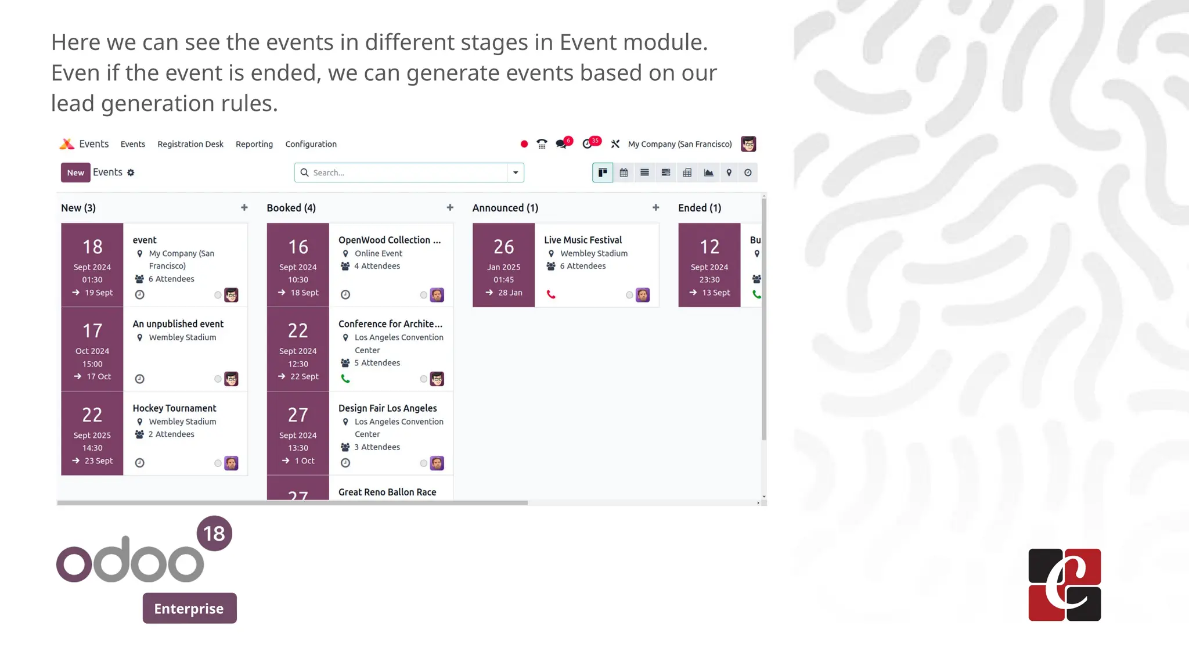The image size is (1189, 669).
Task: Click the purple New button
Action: point(75,172)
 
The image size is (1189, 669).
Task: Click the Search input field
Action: point(406,172)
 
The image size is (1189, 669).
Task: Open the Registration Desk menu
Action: point(190,144)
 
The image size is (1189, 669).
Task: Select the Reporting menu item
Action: point(254,144)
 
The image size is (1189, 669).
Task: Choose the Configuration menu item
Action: point(311,144)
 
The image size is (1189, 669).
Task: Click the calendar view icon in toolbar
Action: point(624,172)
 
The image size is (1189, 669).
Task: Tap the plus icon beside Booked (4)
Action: point(450,207)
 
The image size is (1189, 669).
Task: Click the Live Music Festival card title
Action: point(583,240)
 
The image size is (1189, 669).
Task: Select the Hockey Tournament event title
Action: point(174,408)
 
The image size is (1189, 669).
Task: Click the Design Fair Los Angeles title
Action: point(388,408)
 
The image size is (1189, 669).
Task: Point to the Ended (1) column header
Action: point(700,208)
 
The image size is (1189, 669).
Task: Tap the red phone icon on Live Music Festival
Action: point(551,295)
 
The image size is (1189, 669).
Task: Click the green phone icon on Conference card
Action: point(345,379)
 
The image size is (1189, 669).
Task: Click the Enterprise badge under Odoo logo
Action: point(189,608)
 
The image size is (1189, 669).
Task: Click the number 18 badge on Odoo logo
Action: point(214,533)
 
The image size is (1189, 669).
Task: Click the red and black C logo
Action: point(1064,585)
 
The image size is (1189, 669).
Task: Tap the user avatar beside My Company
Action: point(748,144)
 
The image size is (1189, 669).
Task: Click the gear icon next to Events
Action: point(131,172)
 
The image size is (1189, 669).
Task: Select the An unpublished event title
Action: point(178,324)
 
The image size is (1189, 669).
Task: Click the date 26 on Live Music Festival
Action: point(504,247)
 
